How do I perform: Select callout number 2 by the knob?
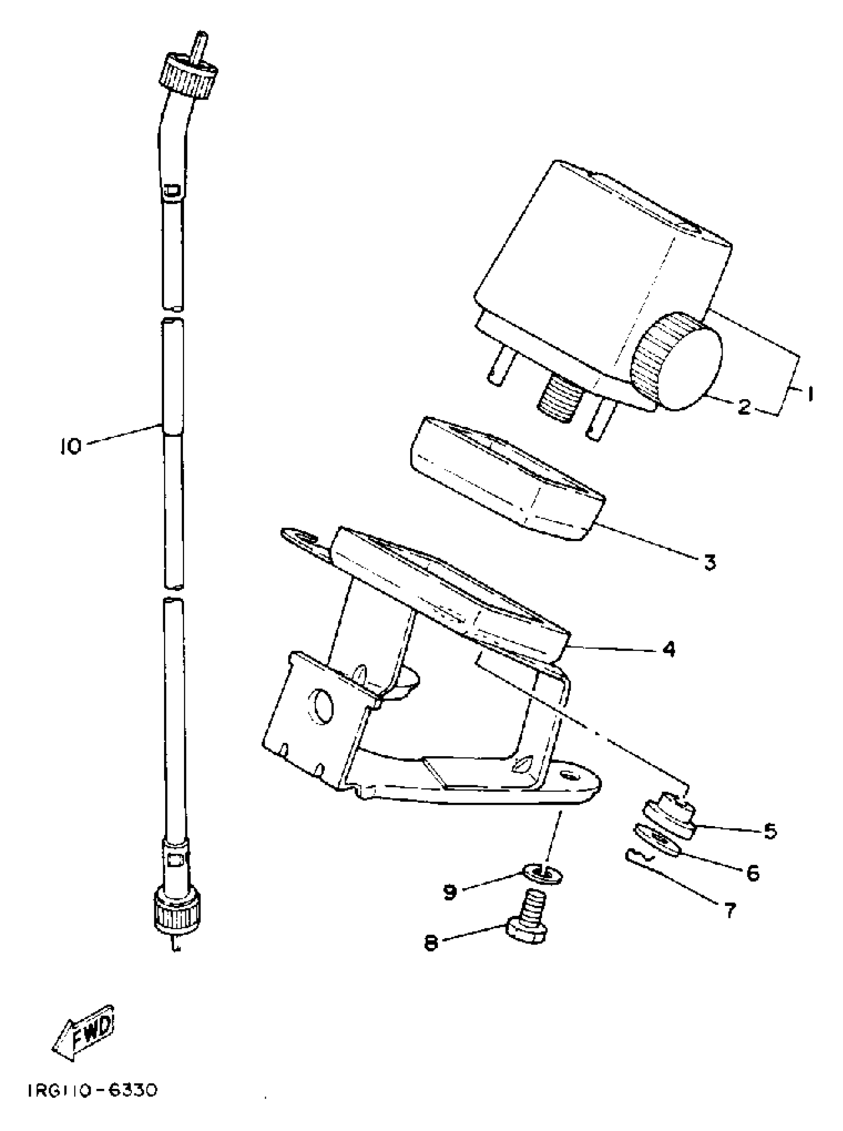coord(744,407)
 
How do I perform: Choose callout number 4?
coord(669,649)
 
